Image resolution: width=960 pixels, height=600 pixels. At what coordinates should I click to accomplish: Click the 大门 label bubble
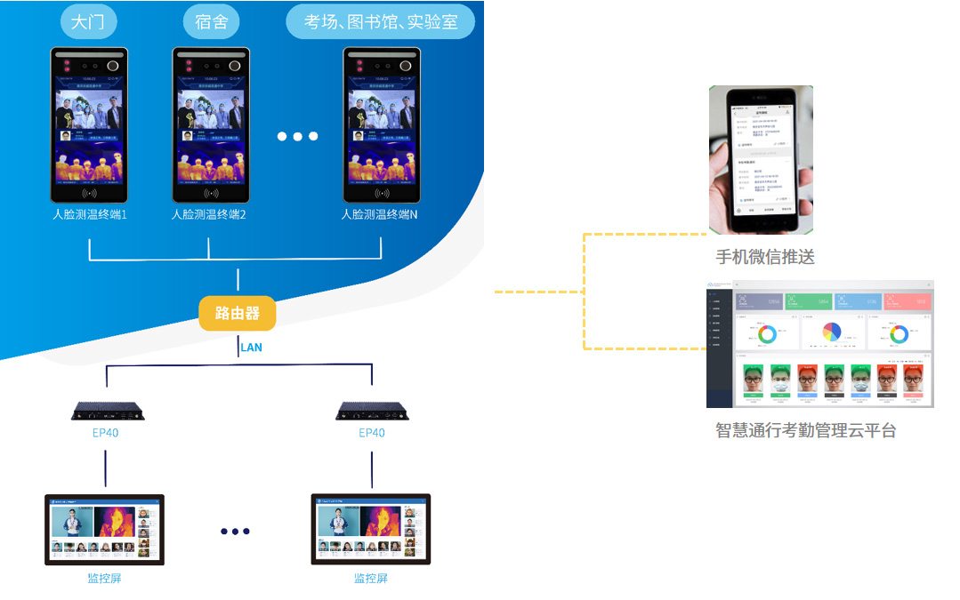pos(88,22)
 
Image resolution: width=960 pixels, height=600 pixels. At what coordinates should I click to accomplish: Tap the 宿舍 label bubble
pos(212,22)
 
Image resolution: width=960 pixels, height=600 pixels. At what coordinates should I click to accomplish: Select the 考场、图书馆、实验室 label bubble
pos(381,22)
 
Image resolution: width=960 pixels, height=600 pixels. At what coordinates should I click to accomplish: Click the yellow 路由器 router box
pos(238,313)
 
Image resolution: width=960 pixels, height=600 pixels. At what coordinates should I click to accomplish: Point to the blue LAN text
pos(251,348)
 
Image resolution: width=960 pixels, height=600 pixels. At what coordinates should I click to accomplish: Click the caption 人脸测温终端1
pos(89,214)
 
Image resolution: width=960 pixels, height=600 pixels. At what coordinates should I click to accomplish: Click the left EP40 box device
pos(108,411)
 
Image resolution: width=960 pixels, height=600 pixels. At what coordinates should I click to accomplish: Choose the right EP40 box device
pos(372,411)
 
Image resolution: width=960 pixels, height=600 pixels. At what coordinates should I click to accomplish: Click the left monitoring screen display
pos(105,530)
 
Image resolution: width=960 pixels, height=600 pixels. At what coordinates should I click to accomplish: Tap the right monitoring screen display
pos(371,530)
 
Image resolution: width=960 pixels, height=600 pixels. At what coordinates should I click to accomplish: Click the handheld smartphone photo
pos(761,160)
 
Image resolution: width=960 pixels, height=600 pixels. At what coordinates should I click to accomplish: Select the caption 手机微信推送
pos(765,258)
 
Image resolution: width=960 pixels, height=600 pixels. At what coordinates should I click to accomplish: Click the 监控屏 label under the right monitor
pos(371,579)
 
